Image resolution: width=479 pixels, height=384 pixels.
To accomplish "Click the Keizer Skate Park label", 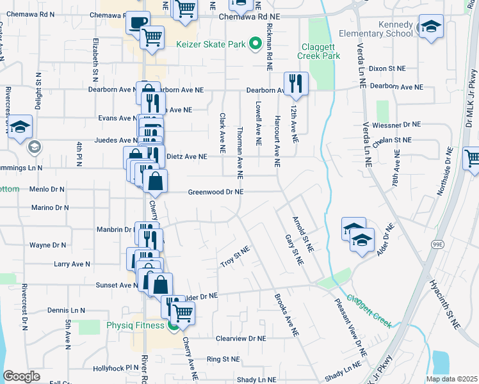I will (x=211, y=45).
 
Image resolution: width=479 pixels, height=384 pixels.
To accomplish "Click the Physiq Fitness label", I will (x=136, y=325).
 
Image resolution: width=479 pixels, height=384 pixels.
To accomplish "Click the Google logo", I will (x=22, y=376).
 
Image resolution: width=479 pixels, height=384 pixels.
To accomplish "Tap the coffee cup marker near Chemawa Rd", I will (x=138, y=23).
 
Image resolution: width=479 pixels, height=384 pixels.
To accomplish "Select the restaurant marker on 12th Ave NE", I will (x=295, y=83).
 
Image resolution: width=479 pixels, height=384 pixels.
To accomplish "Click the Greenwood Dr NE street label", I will (x=216, y=191).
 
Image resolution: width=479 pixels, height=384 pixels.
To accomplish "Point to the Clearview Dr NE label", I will (x=240, y=337).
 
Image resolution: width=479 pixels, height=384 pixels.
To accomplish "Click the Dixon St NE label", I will (x=387, y=68).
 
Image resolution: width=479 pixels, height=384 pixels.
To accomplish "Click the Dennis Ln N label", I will (x=66, y=310).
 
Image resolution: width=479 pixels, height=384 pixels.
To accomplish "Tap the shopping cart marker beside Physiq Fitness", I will (x=183, y=314).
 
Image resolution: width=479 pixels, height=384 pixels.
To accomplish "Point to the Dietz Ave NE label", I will (x=186, y=156).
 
